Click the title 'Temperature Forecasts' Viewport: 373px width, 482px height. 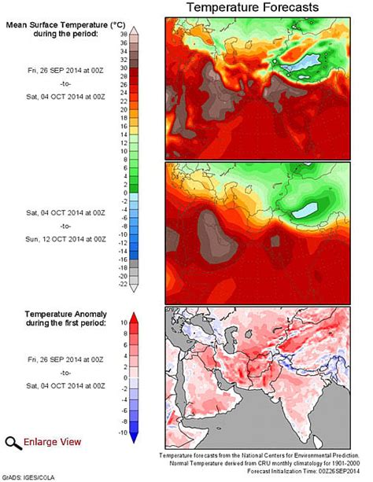click(x=252, y=8)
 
